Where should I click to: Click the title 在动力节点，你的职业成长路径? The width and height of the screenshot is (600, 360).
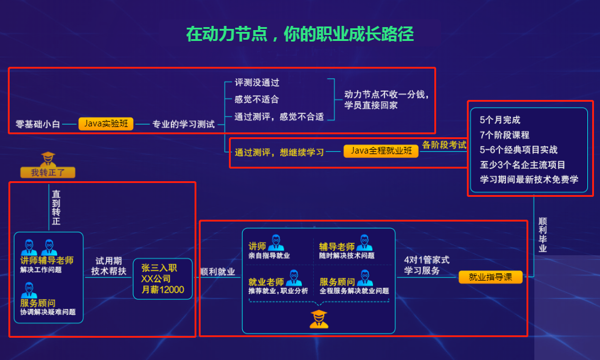299,34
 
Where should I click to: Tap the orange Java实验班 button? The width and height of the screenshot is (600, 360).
105,124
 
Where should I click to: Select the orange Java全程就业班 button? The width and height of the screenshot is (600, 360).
381,151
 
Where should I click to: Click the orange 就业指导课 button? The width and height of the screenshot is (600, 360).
490,277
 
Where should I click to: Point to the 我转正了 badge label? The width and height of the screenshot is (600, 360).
48,173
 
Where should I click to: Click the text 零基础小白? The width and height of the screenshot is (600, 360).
38,125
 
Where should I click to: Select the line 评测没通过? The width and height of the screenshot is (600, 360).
257,82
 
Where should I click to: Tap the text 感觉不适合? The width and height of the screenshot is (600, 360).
257,99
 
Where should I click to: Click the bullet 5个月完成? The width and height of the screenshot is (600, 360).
500,120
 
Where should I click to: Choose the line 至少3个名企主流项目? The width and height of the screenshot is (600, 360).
522,164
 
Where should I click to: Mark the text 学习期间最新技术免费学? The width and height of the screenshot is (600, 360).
529,179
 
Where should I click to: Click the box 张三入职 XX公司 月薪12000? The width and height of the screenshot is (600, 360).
163,279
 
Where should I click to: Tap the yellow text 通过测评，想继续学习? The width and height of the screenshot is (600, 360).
280,152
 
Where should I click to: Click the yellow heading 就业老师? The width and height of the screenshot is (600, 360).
266,282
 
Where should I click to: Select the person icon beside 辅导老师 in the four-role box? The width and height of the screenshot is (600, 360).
364,243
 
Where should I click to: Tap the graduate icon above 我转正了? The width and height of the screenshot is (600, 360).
48,160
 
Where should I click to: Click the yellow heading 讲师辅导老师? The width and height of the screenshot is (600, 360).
46,261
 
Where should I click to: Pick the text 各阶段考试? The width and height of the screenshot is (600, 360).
444,145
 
